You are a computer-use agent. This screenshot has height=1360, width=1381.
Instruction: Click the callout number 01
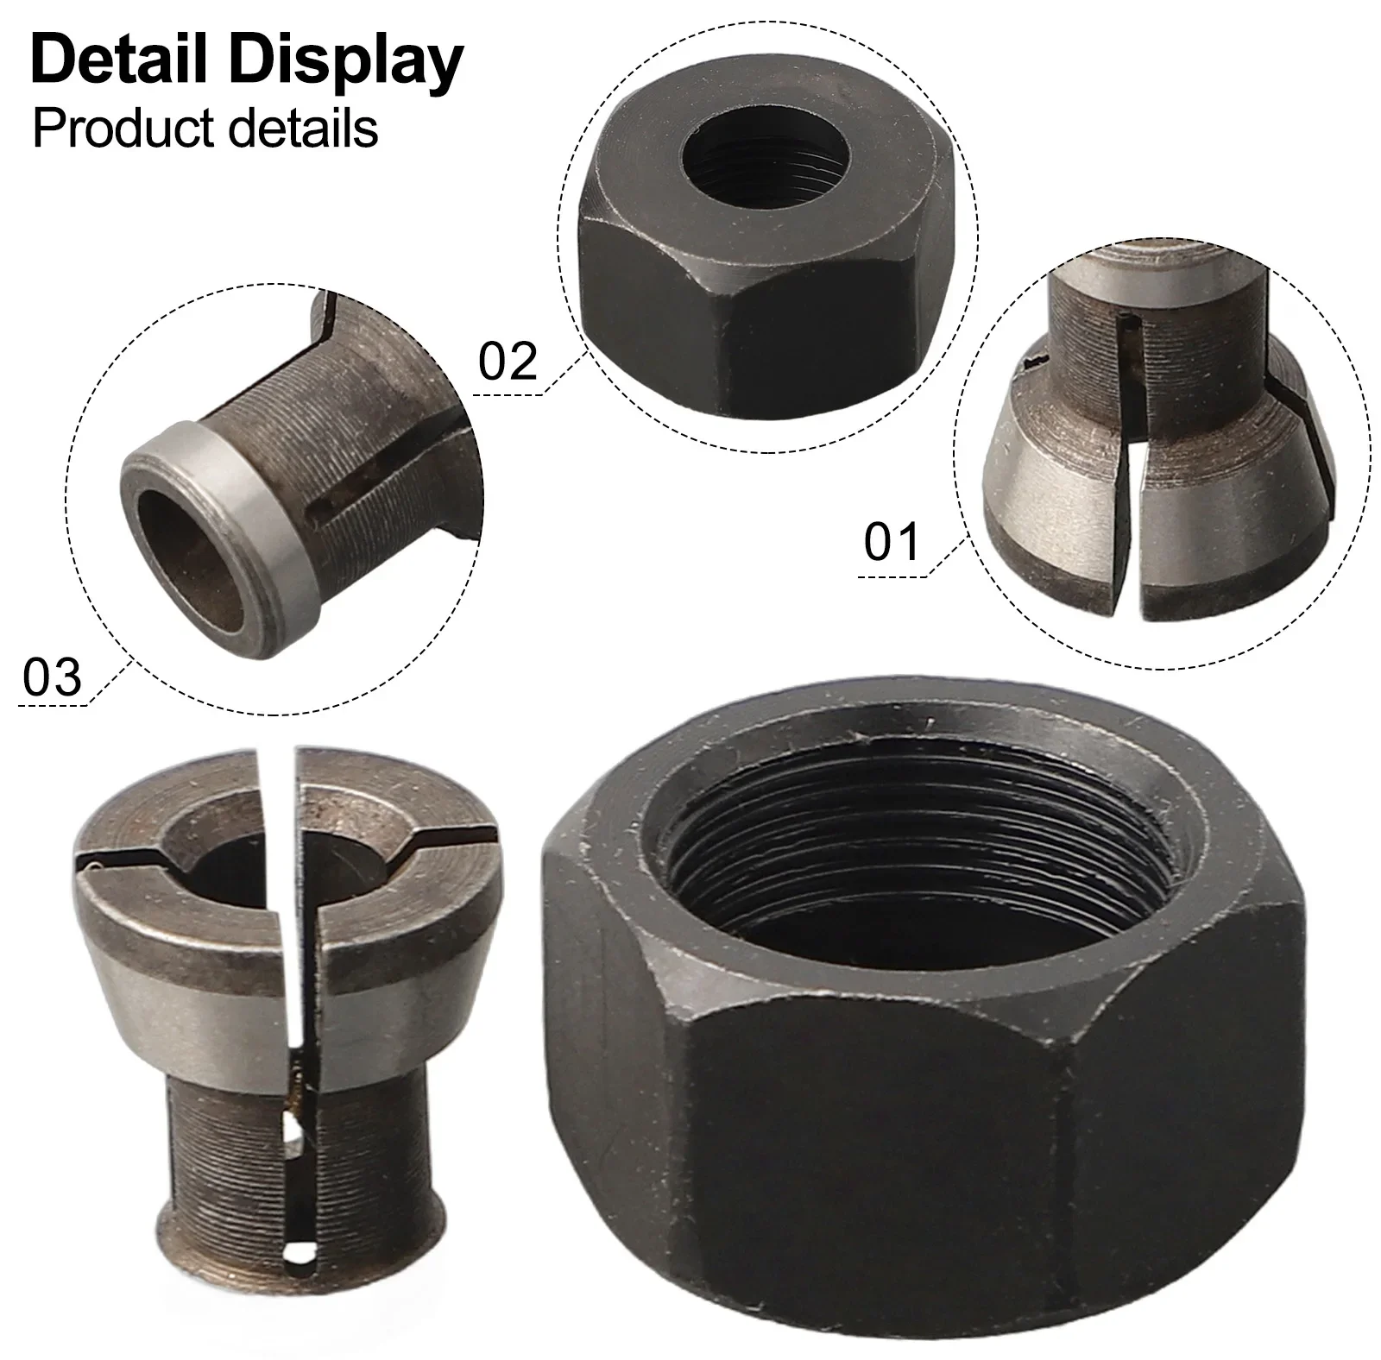pos(892,543)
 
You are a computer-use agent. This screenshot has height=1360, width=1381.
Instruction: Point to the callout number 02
pos(508,361)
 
